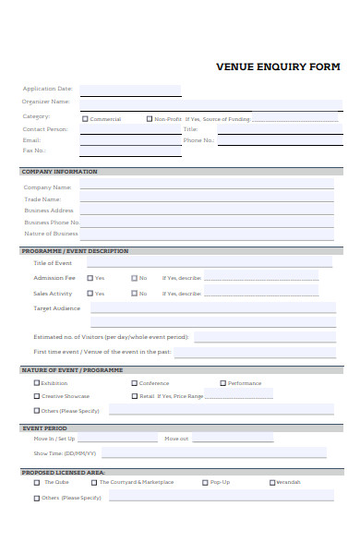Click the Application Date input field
[x=129, y=90]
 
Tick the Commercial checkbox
[x=86, y=119]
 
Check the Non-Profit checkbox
[x=150, y=119]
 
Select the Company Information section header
[x=59, y=172]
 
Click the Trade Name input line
[x=206, y=199]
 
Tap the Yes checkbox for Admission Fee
[x=90, y=278]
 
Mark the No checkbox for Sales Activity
[x=135, y=294]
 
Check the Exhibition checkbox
[x=37, y=383]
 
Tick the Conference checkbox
[x=134, y=383]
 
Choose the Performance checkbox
[x=222, y=383]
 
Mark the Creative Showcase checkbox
[x=37, y=396]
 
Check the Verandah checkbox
[x=272, y=482]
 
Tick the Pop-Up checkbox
[x=205, y=482]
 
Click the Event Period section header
[x=44, y=428]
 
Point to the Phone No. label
[x=198, y=140]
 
